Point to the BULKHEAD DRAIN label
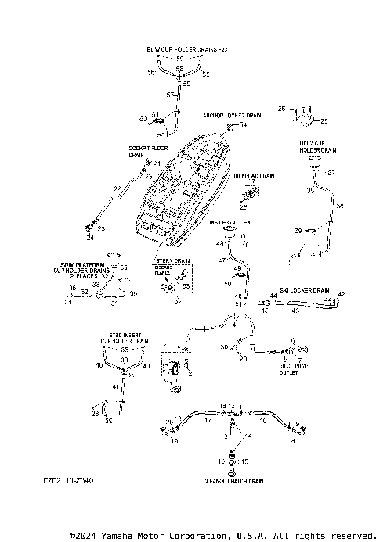[252, 177]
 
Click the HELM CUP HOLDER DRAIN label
[317, 146]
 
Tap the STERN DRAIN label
[173, 260]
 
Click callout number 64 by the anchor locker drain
[243, 125]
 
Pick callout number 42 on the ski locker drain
[341, 295]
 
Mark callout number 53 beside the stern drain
[186, 288]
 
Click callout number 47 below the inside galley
[222, 259]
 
